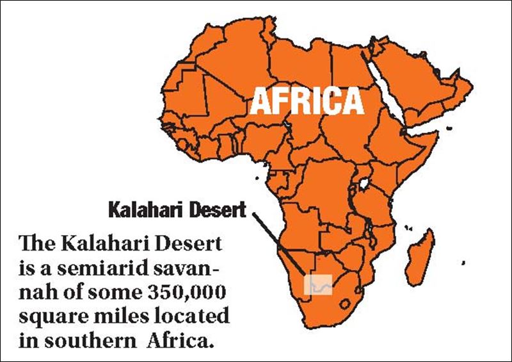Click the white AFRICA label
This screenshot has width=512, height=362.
(306, 101)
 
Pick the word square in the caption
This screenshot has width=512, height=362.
(49, 317)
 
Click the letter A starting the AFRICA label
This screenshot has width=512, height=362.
(259, 101)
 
